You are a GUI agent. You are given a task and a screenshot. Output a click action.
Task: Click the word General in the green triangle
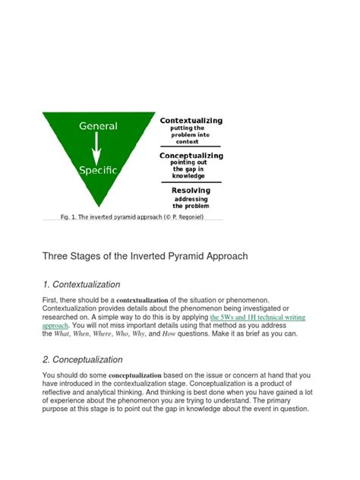(x=98, y=127)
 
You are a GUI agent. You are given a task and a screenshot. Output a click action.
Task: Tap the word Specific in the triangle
(x=98, y=170)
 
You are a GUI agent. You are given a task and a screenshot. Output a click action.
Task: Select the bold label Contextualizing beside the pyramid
(x=191, y=121)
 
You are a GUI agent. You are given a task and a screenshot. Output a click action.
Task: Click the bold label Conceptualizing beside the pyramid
(x=191, y=155)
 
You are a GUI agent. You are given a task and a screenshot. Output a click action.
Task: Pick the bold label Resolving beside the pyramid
(x=191, y=191)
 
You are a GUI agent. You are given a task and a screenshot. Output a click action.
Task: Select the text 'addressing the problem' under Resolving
(x=191, y=202)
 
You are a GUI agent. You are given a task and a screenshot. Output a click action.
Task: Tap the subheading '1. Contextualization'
(x=81, y=285)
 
